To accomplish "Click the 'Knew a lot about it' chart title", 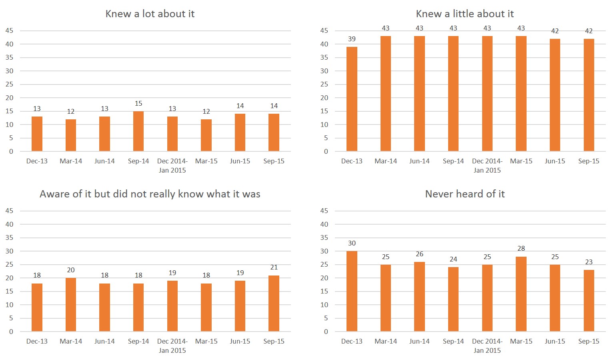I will (150, 14).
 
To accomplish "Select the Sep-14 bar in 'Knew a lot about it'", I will (138, 131).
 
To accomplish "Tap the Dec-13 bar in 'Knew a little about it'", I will (352, 99).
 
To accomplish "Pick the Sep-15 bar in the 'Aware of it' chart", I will (274, 304).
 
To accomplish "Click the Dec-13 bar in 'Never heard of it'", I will (352, 291).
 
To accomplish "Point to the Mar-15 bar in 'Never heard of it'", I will (521, 294).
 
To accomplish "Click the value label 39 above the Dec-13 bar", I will (352, 39).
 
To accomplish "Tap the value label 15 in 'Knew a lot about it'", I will (138, 103).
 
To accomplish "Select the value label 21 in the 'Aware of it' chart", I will (274, 267).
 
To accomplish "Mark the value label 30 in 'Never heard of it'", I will (352, 243).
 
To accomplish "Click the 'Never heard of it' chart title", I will (465, 194).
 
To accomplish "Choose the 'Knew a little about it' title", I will (465, 14).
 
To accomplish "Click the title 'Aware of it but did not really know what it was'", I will (150, 194).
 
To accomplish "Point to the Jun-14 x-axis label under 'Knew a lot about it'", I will (104, 161).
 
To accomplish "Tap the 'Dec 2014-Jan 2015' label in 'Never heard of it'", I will (487, 346).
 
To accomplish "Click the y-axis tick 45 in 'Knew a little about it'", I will (324, 30).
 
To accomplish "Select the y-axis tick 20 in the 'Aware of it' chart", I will (9, 278).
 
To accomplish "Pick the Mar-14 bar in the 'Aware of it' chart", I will (71, 305).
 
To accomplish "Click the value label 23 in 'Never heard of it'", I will (589, 262).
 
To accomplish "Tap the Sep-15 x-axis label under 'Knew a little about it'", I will (589, 161).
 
